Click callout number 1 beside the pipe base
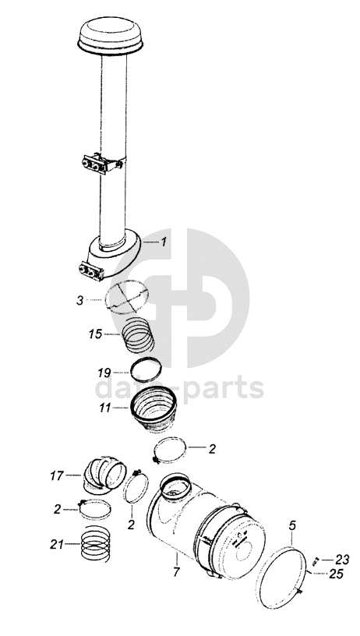pyautogui.click(x=164, y=242)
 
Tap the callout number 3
pyautogui.click(x=79, y=301)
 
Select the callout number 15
pyautogui.click(x=95, y=334)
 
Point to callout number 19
pyautogui.click(x=104, y=373)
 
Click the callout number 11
pyautogui.click(x=105, y=408)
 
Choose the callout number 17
pyautogui.click(x=57, y=475)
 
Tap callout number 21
pyautogui.click(x=57, y=544)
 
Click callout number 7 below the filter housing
pyautogui.click(x=176, y=573)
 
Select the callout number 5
pyautogui.click(x=292, y=526)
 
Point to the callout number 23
pyautogui.click(x=342, y=560)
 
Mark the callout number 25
pyautogui.click(x=337, y=574)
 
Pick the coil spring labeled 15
pyautogui.click(x=138, y=334)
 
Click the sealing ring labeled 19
pyautogui.click(x=146, y=369)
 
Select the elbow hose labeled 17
pyautogui.click(x=104, y=475)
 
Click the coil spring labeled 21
pyautogui.click(x=96, y=543)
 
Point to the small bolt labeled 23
pyautogui.click(x=316, y=561)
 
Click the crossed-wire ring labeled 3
pyautogui.click(x=126, y=297)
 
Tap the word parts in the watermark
pyautogui.click(x=223, y=388)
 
